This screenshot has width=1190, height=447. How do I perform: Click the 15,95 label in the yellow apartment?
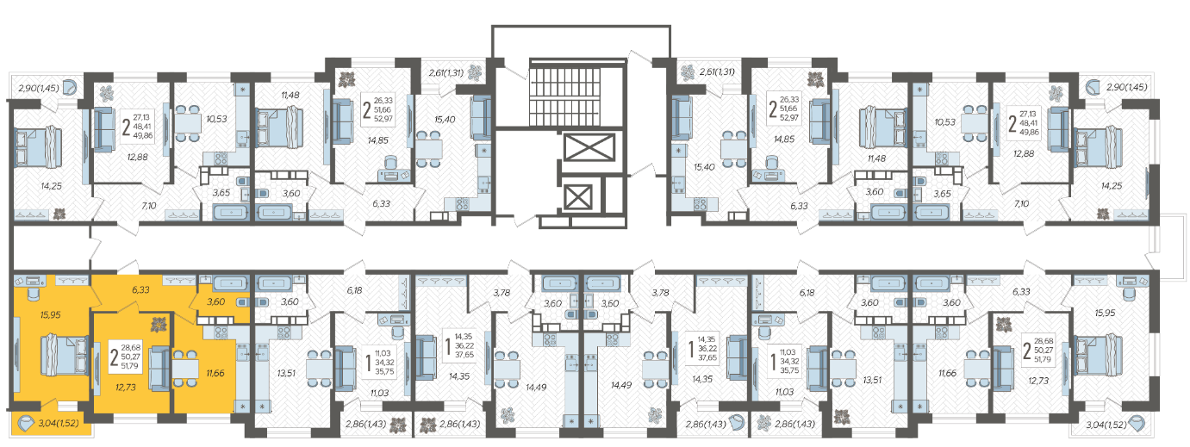pos(51,315)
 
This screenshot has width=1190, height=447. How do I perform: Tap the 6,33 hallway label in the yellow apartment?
pos(140,290)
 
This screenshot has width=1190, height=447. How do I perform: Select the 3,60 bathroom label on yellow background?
pos(215,301)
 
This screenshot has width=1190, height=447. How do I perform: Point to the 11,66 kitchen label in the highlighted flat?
pos(215,373)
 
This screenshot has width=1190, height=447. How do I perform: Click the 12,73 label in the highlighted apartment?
pos(125,387)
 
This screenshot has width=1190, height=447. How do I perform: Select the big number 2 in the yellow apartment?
pos(115,357)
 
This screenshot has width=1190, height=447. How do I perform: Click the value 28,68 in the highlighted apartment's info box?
pos(131,348)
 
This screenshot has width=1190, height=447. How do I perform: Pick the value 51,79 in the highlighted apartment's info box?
pos(131,366)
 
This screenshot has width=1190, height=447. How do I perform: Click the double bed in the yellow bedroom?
pos(65,355)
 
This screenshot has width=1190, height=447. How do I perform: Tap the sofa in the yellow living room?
pos(159,368)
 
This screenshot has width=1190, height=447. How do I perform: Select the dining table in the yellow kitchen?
pos(185,368)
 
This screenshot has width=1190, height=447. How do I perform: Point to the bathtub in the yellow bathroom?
pos(231,283)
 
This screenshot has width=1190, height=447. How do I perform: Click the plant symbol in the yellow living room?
pos(159,324)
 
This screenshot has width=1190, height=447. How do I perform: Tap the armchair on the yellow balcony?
pos(26,424)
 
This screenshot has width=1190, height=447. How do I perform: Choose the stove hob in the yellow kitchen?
pos(221,332)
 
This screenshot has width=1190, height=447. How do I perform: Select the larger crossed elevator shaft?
pos(589,147)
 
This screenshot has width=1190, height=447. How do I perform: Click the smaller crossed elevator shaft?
pos(577,197)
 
